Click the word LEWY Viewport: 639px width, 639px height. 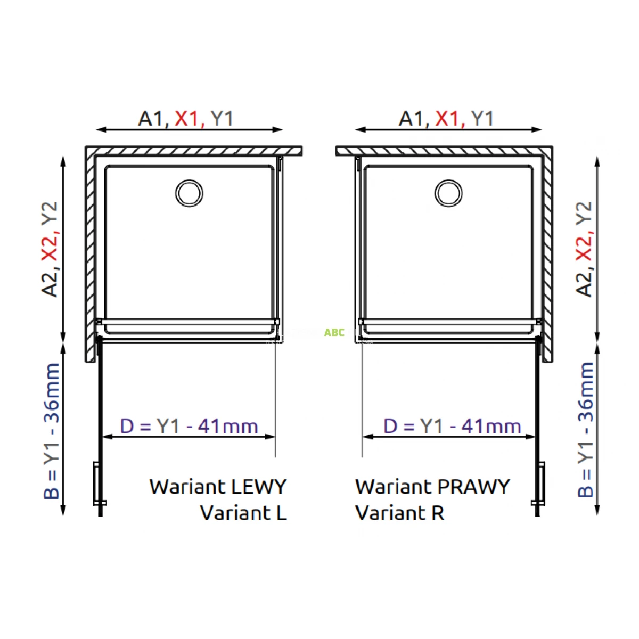259,487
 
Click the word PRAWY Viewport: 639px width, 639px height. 473,487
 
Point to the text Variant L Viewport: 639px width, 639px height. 243,513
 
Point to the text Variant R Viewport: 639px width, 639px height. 399,513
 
